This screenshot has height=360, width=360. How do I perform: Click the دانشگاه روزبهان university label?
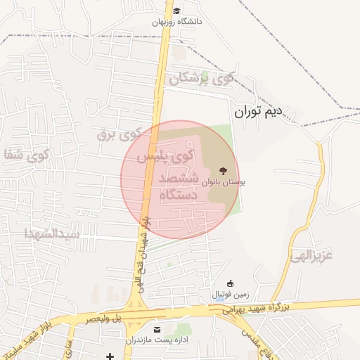[x=177, y=22]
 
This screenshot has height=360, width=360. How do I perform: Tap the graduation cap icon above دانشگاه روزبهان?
[x=176, y=11]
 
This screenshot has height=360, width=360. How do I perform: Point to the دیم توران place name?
[x=257, y=110]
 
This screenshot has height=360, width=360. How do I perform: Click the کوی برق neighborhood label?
[x=119, y=132]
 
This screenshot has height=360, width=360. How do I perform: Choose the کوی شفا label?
[x=26, y=155]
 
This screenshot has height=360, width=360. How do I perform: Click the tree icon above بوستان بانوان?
[x=224, y=171]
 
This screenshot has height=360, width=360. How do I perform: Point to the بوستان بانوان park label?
[x=224, y=181]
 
